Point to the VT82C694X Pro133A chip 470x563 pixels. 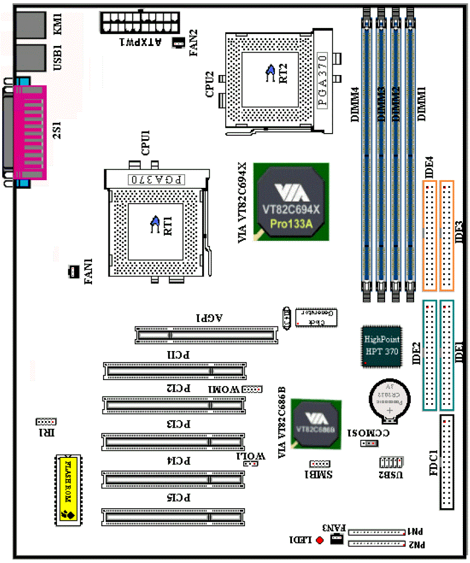[x=290, y=202]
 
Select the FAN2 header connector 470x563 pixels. [x=179, y=43]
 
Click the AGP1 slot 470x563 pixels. [x=205, y=334]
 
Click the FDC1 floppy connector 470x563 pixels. [x=447, y=463]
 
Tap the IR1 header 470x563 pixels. [x=46, y=422]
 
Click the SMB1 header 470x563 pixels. [x=319, y=463]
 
